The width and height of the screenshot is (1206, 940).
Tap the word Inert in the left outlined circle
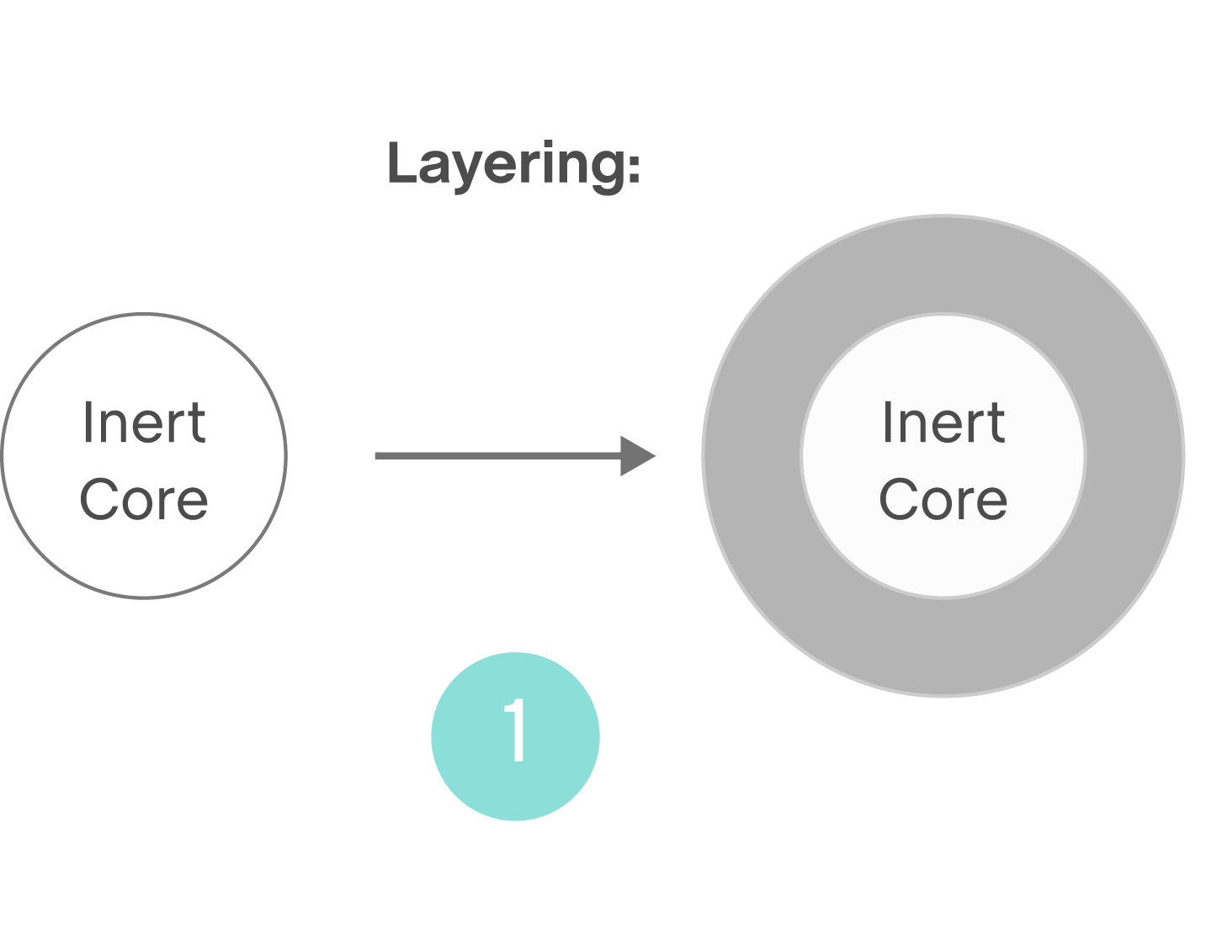144,422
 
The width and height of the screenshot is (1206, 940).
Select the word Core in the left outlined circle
144,499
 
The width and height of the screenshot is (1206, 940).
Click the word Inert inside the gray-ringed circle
943,422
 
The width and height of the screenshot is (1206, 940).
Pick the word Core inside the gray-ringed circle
943,499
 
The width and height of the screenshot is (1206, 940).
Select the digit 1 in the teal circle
515,730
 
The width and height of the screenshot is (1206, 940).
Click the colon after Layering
633,166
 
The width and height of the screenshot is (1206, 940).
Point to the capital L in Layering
401,163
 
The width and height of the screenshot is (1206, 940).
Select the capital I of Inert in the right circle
886,422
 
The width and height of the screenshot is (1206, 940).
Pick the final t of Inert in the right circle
996,423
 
